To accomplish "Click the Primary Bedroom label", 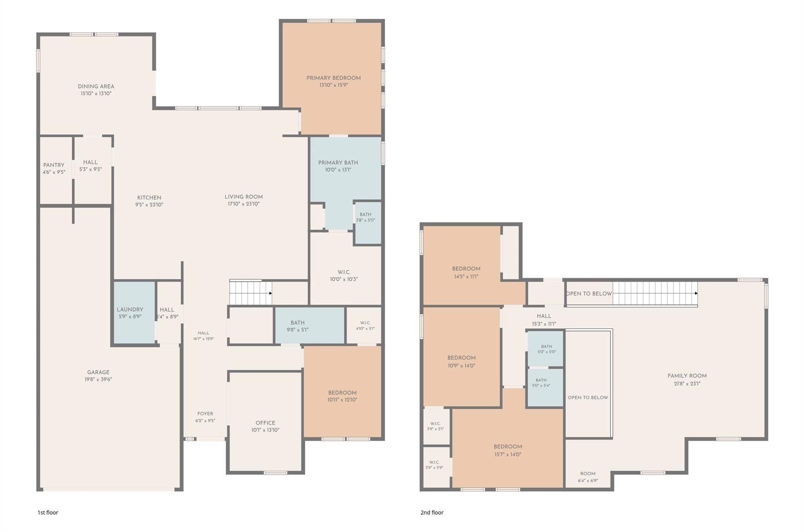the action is pyautogui.click(x=334, y=78).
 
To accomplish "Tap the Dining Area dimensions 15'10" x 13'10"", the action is pyautogui.click(x=96, y=94).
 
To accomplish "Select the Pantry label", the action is pyautogui.click(x=54, y=165).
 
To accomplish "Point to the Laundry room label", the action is pyautogui.click(x=130, y=310).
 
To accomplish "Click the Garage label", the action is pyautogui.click(x=98, y=372).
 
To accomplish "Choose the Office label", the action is pyautogui.click(x=265, y=423).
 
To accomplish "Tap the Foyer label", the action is pyautogui.click(x=205, y=414).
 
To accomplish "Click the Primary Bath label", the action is pyautogui.click(x=338, y=163).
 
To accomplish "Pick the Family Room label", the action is pyautogui.click(x=687, y=376).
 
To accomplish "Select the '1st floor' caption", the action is pyautogui.click(x=48, y=512).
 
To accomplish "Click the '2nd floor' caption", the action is pyautogui.click(x=432, y=512).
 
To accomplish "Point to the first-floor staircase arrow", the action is pyautogui.click(x=251, y=293).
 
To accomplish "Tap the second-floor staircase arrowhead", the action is pyautogui.click(x=696, y=293).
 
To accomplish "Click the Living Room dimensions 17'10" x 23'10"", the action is pyautogui.click(x=244, y=204).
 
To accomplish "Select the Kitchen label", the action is pyautogui.click(x=149, y=198).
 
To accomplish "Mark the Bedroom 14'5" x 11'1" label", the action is pyautogui.click(x=466, y=269).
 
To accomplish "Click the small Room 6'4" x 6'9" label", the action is pyautogui.click(x=588, y=474).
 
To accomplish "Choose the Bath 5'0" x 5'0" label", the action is pyautogui.click(x=547, y=346).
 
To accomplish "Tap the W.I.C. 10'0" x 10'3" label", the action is pyautogui.click(x=344, y=272).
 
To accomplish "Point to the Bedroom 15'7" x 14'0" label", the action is pyautogui.click(x=508, y=447).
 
